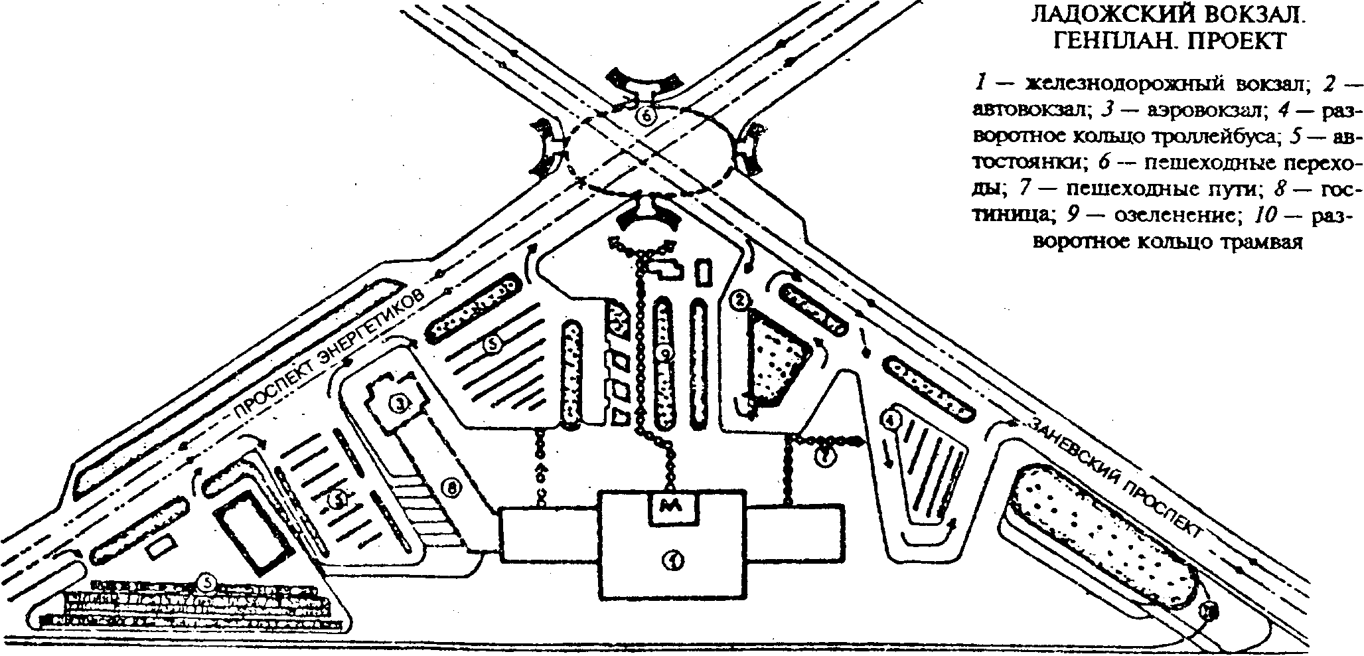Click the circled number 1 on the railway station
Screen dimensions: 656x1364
tap(674, 562)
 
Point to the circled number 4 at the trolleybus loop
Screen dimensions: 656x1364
tap(891, 419)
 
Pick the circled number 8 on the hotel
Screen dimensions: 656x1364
tap(451, 489)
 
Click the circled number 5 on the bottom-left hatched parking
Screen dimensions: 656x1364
tap(208, 582)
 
